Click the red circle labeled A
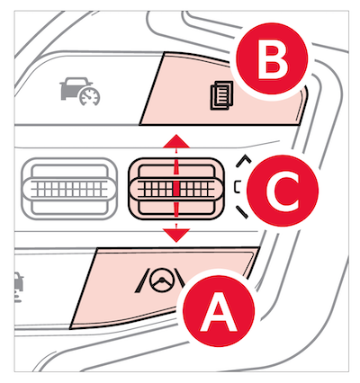point(219,311)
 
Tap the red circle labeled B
point(272,58)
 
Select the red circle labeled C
point(282,191)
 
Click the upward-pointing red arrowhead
point(176,141)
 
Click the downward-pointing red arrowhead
point(176,236)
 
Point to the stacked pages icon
point(221,95)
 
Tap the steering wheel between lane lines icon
point(162,283)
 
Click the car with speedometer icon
point(80,92)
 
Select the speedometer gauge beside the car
point(90,97)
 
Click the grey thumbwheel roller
point(69,189)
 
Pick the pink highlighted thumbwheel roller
point(176,189)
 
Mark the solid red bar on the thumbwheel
point(176,189)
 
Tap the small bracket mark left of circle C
point(237,186)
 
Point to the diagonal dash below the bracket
point(242,212)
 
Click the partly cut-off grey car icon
point(19,286)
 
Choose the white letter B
point(273,63)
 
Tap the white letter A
point(219,313)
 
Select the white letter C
point(282,191)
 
